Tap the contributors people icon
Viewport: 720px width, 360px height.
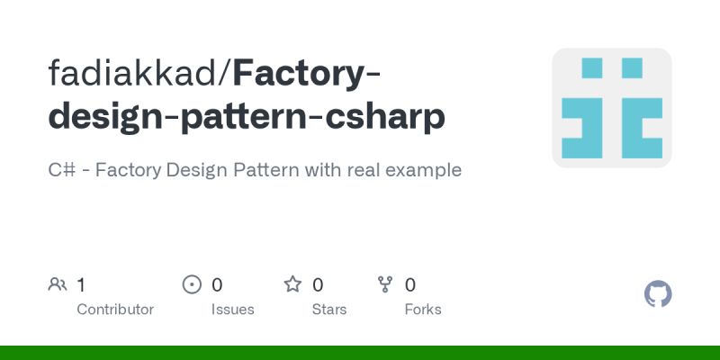(58, 285)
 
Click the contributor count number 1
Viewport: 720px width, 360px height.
(81, 285)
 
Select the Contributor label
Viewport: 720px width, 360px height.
(115, 309)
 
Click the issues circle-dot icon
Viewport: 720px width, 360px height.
(192, 285)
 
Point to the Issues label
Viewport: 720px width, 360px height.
(232, 309)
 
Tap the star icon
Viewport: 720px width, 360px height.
(292, 285)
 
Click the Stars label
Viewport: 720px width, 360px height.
(329, 309)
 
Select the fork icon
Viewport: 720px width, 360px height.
(386, 285)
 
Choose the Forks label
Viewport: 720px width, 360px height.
(423, 309)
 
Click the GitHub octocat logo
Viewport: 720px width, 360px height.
(658, 294)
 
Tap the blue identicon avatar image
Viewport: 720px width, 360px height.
(612, 108)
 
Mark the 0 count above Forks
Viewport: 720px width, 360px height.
(410, 285)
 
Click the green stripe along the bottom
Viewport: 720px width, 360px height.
(360, 352)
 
